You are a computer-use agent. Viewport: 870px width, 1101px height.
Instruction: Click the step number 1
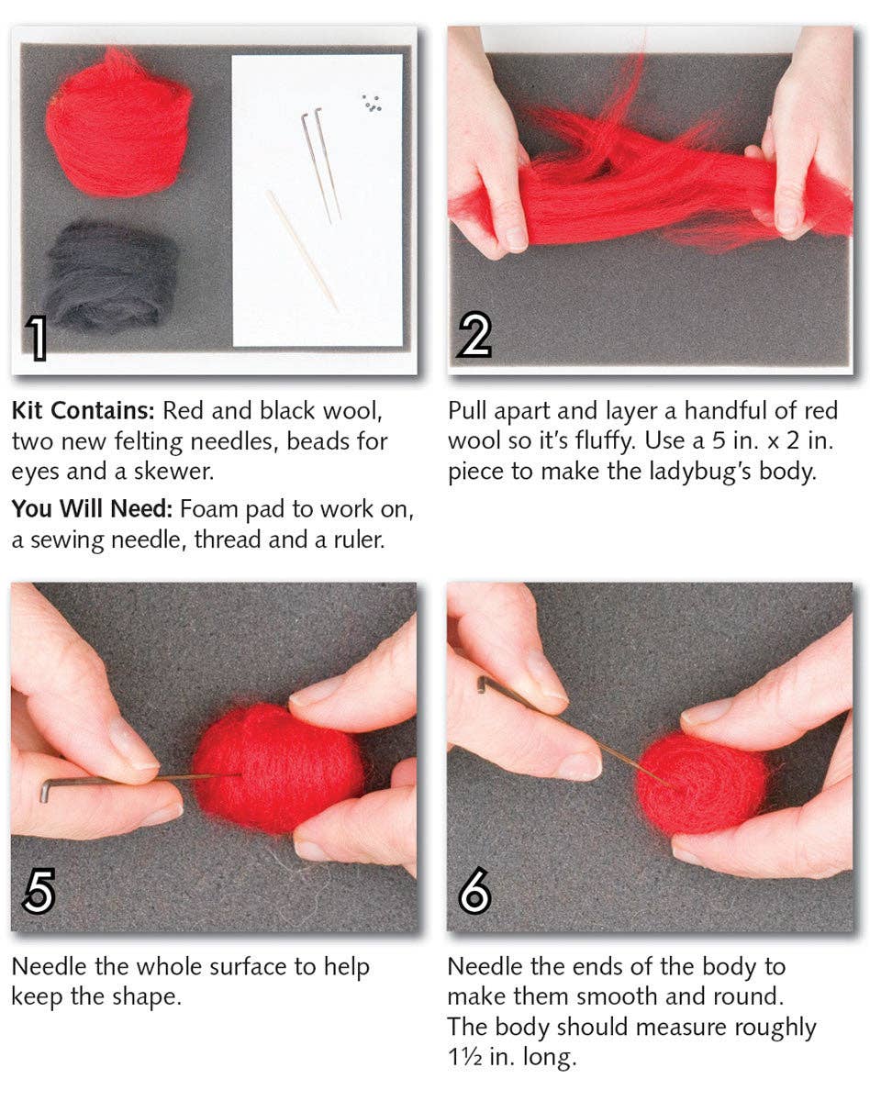[x=36, y=336]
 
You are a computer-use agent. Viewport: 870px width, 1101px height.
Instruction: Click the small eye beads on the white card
[x=372, y=103]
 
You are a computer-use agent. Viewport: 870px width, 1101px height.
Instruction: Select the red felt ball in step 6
[x=702, y=782]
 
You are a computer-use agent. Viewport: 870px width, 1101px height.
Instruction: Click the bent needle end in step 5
[x=45, y=789]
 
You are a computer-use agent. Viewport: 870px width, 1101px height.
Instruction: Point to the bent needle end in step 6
[x=481, y=684]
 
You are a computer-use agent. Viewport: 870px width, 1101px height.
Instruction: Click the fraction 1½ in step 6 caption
[x=464, y=1057]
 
